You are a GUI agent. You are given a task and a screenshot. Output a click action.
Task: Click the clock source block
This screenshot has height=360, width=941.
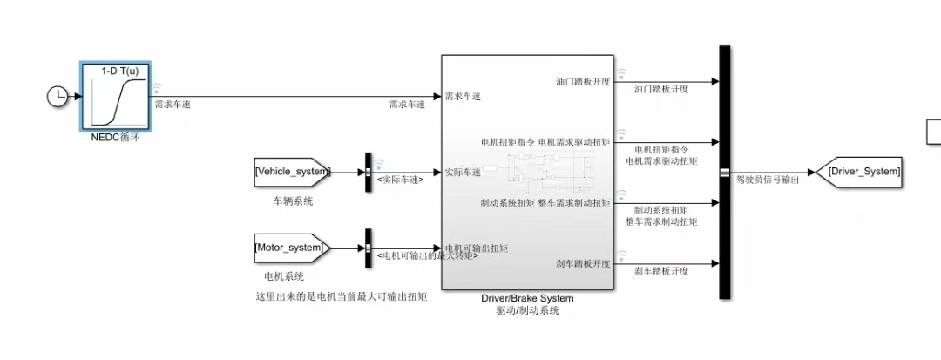[57, 97]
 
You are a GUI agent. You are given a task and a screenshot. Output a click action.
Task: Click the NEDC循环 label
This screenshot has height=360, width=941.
[115, 137]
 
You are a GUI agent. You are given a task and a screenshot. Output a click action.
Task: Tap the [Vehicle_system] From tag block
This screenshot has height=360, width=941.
[293, 172]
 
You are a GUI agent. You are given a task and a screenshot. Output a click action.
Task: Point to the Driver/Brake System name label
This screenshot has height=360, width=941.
[527, 298]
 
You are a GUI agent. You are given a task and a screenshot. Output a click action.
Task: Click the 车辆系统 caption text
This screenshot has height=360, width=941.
[292, 201]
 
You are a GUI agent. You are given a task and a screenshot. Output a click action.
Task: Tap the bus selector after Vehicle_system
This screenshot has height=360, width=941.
[368, 172]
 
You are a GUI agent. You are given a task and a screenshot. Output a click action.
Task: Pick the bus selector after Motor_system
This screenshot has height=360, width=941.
[368, 248]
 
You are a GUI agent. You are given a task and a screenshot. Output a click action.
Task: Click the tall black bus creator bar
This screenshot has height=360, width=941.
[724, 172]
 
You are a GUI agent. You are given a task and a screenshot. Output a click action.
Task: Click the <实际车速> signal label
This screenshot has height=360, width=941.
[400, 180]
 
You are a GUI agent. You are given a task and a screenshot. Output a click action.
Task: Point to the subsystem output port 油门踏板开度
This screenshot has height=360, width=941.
[583, 81]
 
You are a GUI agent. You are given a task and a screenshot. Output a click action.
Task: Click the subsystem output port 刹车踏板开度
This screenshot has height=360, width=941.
[583, 263]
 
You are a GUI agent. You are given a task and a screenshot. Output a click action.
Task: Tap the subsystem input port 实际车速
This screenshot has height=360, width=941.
[463, 172]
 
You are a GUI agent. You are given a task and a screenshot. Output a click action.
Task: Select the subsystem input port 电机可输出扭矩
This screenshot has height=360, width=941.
[476, 248]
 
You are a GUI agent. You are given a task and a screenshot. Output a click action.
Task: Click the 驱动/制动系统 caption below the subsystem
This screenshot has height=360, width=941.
[527, 310]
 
